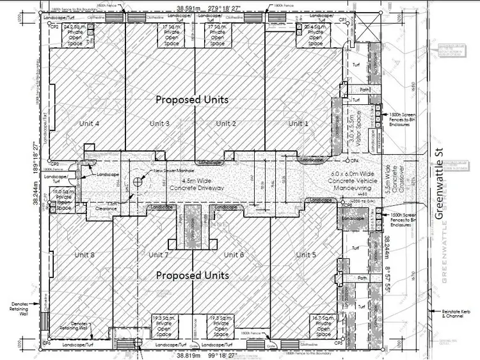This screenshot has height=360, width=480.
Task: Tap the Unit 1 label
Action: [x=298, y=123]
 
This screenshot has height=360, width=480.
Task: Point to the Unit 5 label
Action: [x=307, y=255]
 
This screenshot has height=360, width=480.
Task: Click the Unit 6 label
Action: [x=234, y=255]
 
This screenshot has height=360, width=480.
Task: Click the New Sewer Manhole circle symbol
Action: [x=138, y=181]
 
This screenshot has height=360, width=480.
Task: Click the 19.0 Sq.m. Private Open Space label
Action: [x=63, y=199]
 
